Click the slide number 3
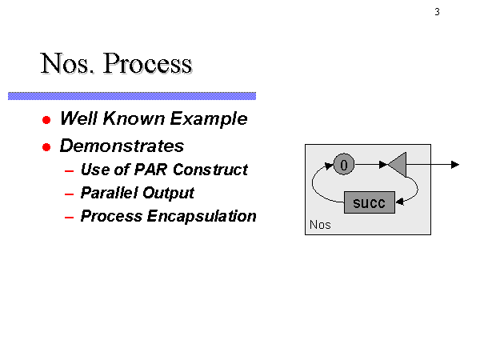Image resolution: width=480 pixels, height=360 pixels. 437,12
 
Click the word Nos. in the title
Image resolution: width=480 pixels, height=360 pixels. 67,63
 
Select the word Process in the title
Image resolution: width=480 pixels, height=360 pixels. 148,63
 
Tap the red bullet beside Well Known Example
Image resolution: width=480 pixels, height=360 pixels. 46,120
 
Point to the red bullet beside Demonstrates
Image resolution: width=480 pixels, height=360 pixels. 46,147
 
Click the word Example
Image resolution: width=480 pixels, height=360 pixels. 209,118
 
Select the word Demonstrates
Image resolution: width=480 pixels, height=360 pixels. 122,146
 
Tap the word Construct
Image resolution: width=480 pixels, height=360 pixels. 210,170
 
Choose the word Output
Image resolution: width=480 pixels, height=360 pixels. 168,193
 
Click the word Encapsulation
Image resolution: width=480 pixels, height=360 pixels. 202,217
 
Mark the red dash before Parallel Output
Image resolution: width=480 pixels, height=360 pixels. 69,194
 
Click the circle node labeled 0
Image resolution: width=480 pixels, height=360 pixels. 344,164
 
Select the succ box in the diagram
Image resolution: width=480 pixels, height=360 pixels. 370,202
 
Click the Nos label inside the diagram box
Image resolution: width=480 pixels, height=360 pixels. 320,225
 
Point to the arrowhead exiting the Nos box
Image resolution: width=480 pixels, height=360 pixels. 455,165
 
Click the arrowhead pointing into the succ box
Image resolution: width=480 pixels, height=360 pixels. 400,202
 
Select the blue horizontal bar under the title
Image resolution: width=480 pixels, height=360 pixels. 132,96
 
